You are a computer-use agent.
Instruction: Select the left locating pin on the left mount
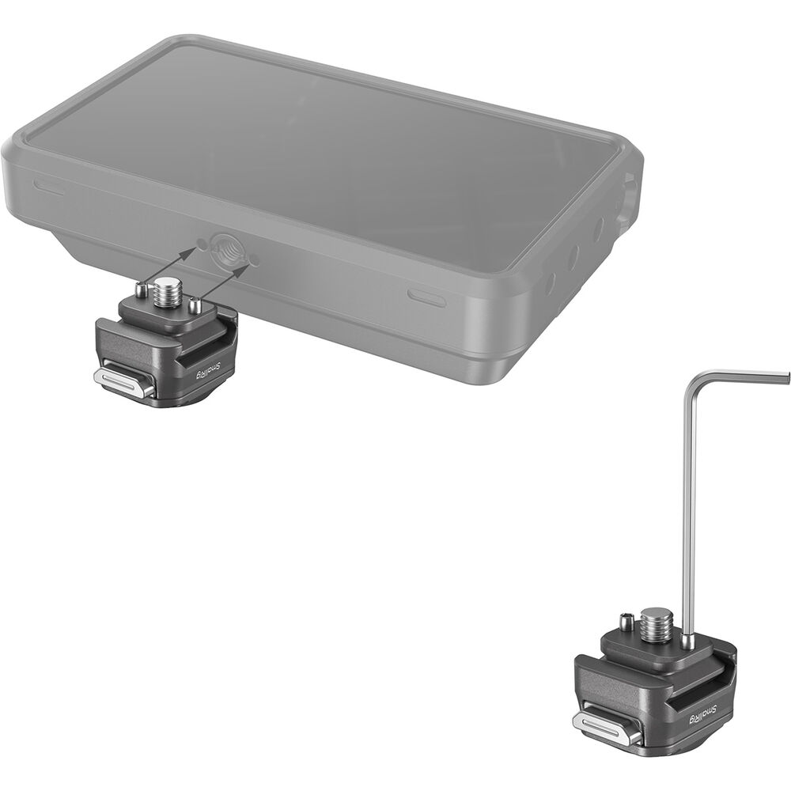click(142, 292)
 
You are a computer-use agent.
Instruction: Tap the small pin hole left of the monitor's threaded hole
click(201, 243)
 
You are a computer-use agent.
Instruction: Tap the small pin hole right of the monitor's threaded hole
click(254, 259)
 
